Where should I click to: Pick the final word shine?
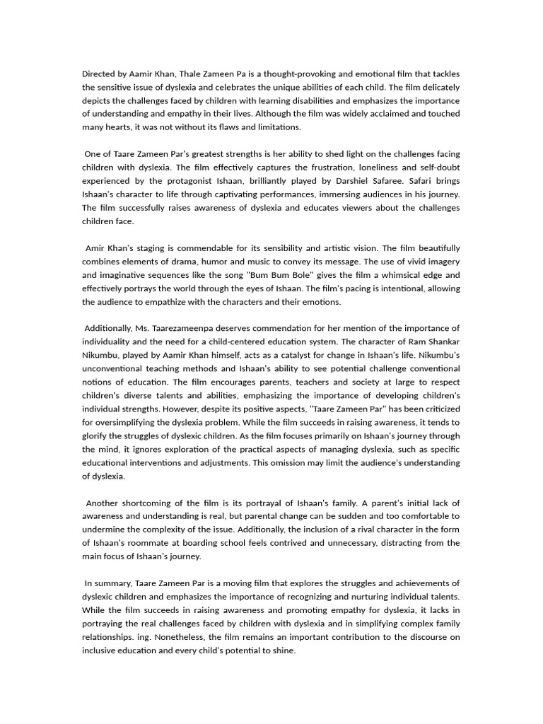(x=283, y=650)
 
